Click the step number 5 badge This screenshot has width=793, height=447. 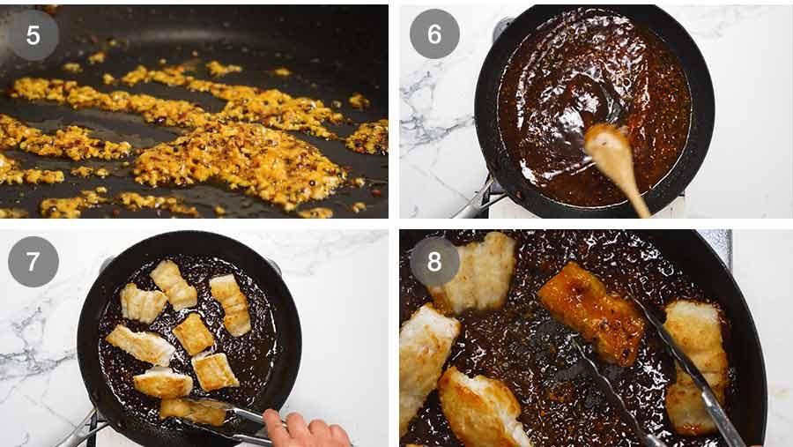pos(33,35)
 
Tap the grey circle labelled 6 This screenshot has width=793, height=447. pos(434,34)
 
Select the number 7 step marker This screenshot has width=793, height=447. pos(33,262)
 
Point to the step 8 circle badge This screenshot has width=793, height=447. pos(434,262)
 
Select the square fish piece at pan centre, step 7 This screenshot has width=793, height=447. pos(193,333)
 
